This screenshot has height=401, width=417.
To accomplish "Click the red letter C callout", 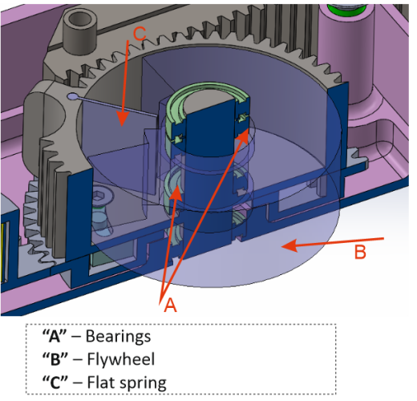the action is click(140, 34).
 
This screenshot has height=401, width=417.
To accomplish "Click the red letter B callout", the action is click(360, 252).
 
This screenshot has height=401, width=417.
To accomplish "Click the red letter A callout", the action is click(170, 305).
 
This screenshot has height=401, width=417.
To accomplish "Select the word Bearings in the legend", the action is click(118, 336).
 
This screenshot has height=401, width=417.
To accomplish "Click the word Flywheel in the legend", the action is click(121, 359).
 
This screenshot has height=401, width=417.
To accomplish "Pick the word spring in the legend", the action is click(143, 383).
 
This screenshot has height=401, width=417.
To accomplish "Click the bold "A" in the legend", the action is click(55, 336).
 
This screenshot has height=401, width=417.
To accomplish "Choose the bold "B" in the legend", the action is click(55, 359).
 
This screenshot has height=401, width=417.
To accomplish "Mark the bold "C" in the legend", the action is click(55, 382).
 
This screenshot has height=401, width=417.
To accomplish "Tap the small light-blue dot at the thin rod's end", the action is click(72, 96).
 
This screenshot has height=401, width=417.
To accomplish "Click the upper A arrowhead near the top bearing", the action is click(244, 135).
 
